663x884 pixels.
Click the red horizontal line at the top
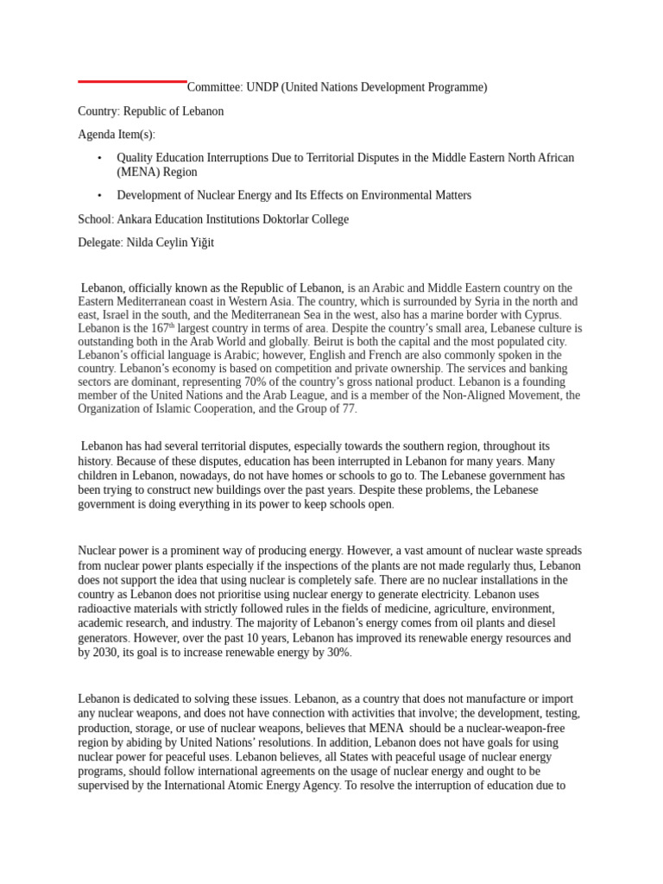[132, 81]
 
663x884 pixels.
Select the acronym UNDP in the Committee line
[262, 87]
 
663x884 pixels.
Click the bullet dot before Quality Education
[99, 158]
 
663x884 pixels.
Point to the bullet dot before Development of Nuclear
[99, 196]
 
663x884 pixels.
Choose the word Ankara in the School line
[135, 219]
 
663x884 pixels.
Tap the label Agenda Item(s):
[117, 135]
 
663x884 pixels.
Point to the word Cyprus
[540, 315]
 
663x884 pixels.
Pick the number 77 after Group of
[347, 408]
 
